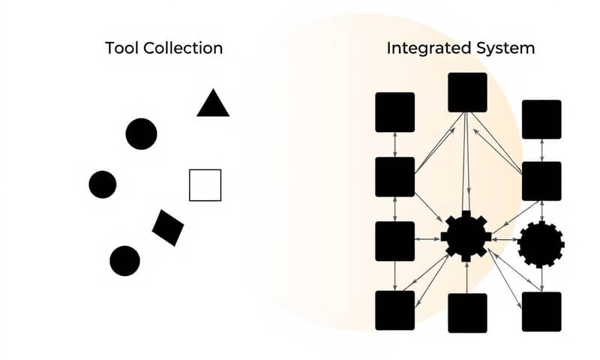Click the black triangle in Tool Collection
[213, 105]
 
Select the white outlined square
[205, 185]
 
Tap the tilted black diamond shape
[168, 227]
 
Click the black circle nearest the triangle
[141, 134]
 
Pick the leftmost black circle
[103, 184]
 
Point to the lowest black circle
[124, 261]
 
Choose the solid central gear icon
[466, 236]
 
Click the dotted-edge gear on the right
[541, 244]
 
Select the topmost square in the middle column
[467, 92]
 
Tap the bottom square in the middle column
[467, 312]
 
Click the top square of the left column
[394, 112]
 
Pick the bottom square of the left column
[394, 310]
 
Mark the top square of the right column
[541, 119]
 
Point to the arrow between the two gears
[505, 240]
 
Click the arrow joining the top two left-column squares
[394, 144]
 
